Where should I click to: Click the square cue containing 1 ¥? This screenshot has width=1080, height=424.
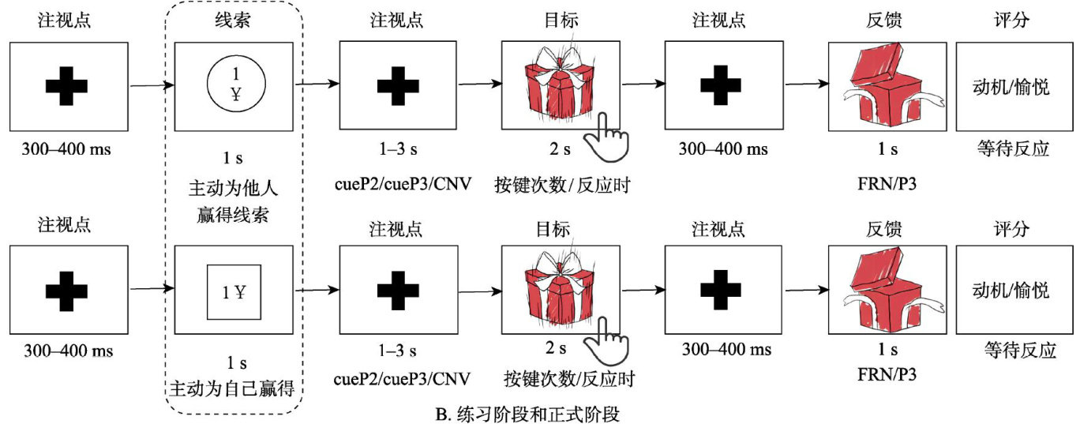pyautogui.click(x=234, y=292)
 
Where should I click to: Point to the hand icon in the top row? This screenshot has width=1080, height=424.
pyautogui.click(x=612, y=134)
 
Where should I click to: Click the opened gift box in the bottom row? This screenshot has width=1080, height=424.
pyautogui.click(x=885, y=289)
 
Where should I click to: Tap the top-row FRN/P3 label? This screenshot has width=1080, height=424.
pyautogui.click(x=885, y=186)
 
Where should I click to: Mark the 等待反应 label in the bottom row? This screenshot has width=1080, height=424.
pyautogui.click(x=1021, y=351)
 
